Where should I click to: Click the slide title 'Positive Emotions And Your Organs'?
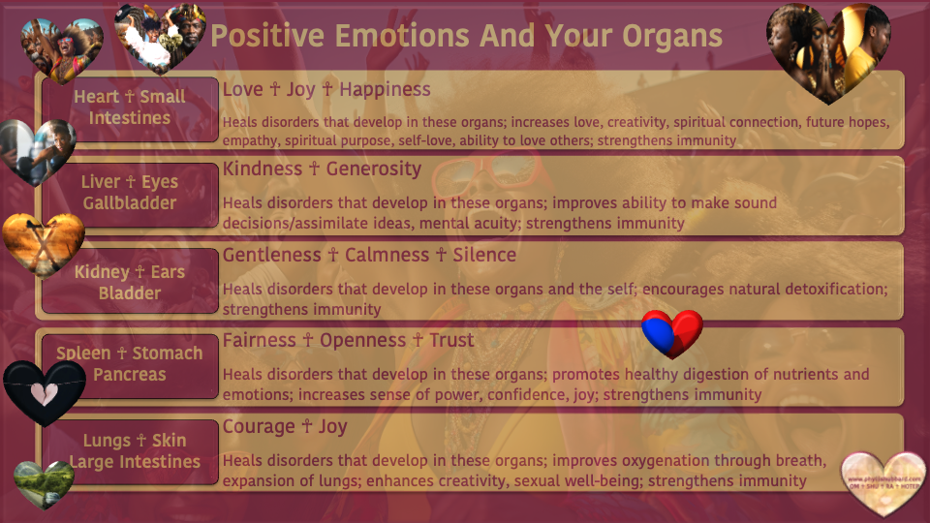pos(466,36)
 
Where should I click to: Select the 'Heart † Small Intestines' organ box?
pos(130,108)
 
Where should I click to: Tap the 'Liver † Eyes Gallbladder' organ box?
pos(130,193)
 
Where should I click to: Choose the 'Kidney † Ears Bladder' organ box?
pos(130,282)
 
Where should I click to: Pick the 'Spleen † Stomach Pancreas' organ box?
pos(130,363)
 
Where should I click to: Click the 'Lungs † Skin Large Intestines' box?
pos(130,451)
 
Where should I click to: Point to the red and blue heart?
pos(671,333)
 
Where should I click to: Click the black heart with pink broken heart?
pos(45,391)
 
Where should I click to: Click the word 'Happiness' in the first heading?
pos(385,89)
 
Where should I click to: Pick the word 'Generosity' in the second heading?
pos(374,169)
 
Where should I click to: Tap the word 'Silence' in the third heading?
pos(484,255)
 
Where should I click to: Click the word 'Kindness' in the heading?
pos(262,169)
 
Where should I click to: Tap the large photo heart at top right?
pos(828,50)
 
